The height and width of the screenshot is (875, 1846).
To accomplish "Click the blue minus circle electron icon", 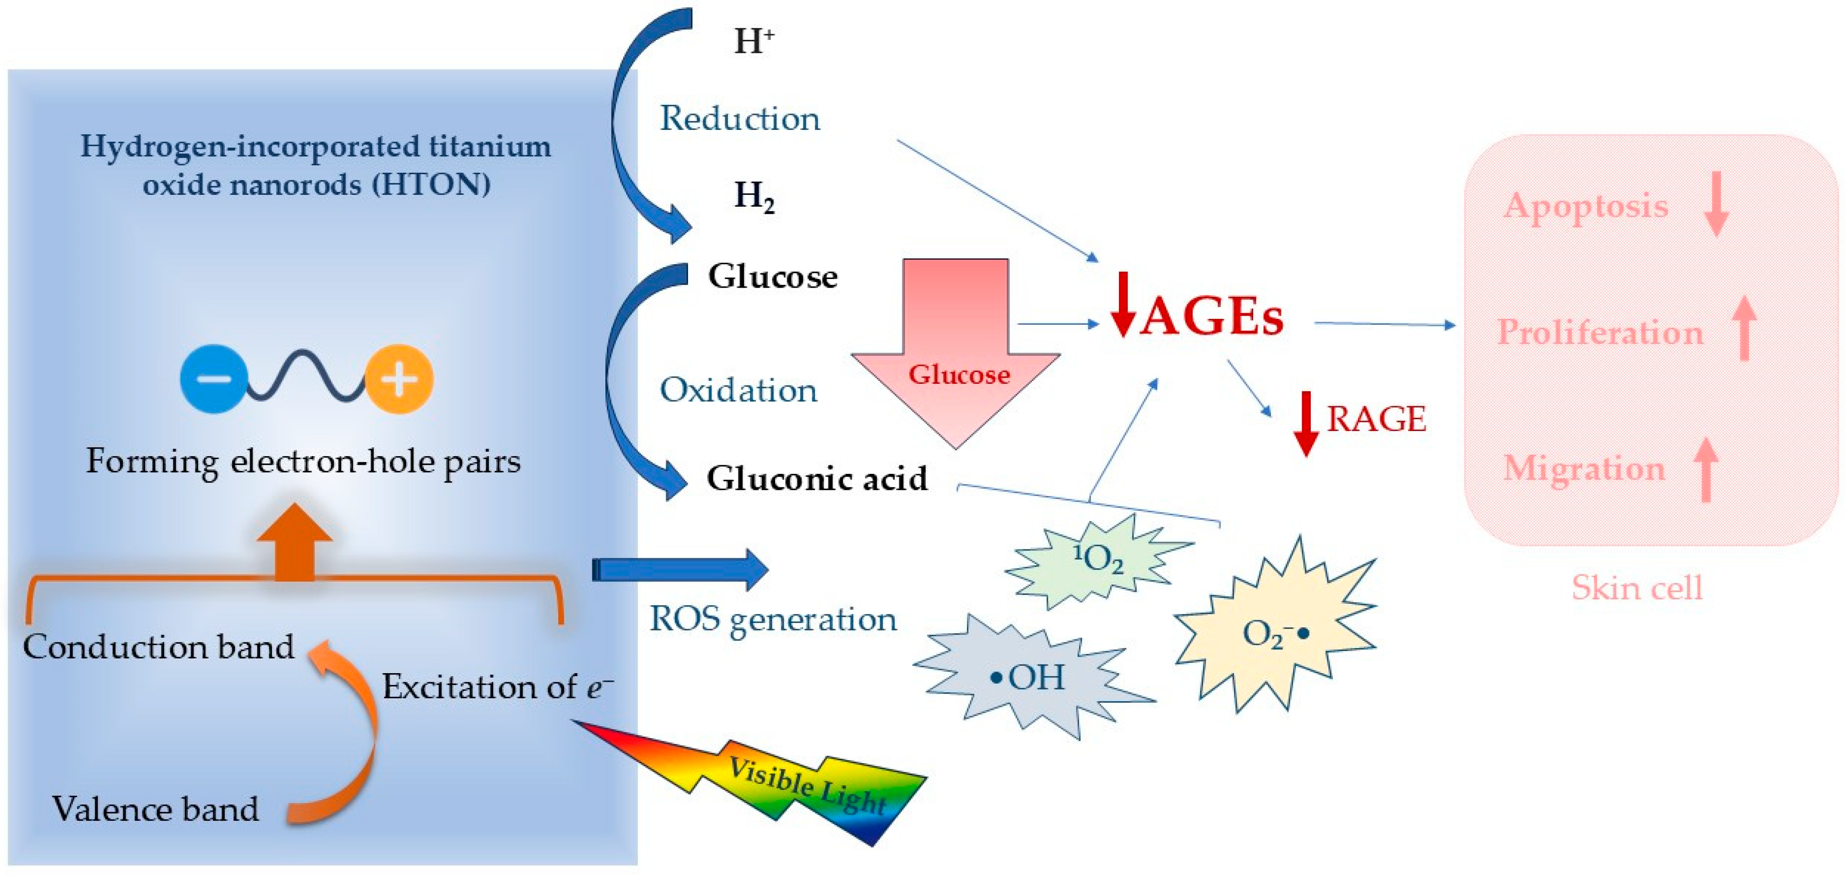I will click(x=213, y=379).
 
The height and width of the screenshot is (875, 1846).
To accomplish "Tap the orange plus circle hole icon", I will click(x=399, y=379).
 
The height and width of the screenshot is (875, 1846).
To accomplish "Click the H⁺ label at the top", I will click(x=753, y=41).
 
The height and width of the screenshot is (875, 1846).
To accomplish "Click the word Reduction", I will click(x=740, y=118).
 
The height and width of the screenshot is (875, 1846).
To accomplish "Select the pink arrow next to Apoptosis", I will click(x=1716, y=204).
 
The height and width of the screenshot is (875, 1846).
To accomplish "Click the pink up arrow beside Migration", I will click(x=1706, y=470).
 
